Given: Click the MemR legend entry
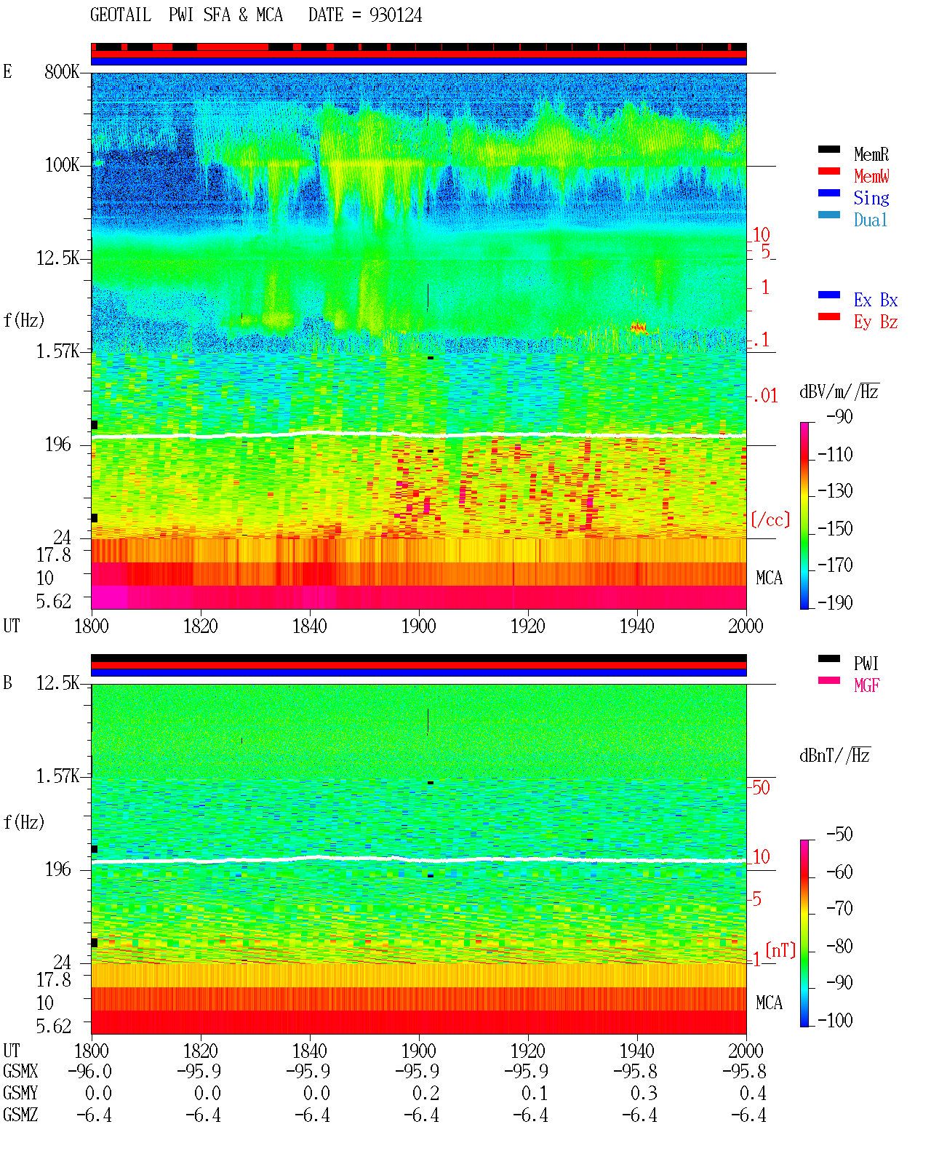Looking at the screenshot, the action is (871, 154).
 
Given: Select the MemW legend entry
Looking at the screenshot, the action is (871, 175).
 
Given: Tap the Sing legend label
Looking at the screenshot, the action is (871, 198).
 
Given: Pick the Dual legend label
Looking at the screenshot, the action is (870, 220).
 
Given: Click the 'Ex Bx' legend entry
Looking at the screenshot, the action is (875, 300).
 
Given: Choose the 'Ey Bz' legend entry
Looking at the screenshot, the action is (875, 322).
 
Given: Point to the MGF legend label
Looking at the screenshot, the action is (866, 685).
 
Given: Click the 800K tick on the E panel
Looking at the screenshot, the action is (62, 71).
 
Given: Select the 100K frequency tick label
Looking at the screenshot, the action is (62, 165).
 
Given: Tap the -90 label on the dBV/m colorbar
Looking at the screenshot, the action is (839, 416).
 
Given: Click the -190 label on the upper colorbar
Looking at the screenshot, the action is (835, 602).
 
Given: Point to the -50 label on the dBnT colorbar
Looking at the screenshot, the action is (839, 835).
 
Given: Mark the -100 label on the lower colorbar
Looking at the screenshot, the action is (835, 1020).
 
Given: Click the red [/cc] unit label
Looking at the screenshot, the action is (770, 519).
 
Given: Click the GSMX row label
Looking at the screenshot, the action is (20, 1071).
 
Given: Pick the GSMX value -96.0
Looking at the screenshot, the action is (90, 1071).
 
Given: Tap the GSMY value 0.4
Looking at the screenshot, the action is (753, 1093).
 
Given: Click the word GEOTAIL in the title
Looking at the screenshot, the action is (121, 15).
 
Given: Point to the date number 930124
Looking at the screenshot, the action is (396, 15).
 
